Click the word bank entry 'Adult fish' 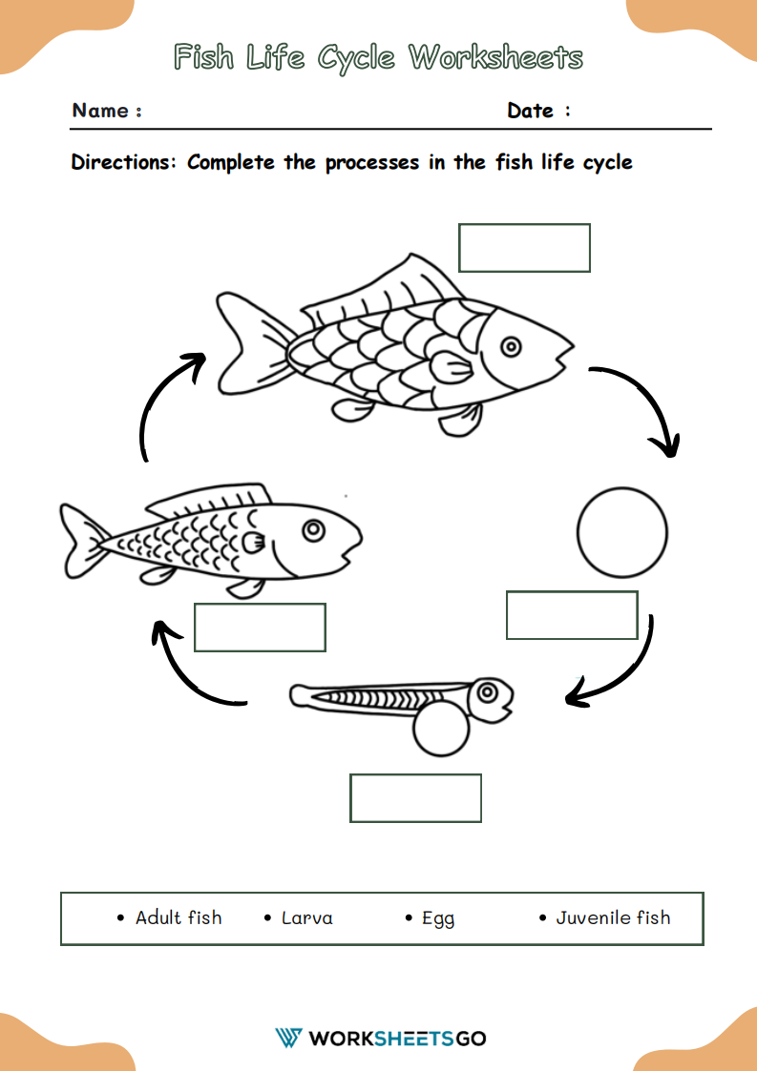(x=178, y=917)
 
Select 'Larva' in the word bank (x=306, y=918)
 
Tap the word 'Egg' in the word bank (x=438, y=918)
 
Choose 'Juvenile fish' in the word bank (x=613, y=917)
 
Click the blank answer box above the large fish (x=524, y=248)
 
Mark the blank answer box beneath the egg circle (x=571, y=615)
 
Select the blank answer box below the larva (x=415, y=798)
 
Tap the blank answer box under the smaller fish (x=260, y=628)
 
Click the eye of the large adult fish (x=512, y=347)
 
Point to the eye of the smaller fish (x=312, y=527)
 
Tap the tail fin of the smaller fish (x=81, y=541)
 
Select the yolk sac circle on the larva (x=441, y=730)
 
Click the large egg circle (x=622, y=532)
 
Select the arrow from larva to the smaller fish (x=191, y=672)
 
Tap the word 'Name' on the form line (x=100, y=111)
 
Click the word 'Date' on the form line (x=531, y=111)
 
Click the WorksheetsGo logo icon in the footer (x=288, y=1038)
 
